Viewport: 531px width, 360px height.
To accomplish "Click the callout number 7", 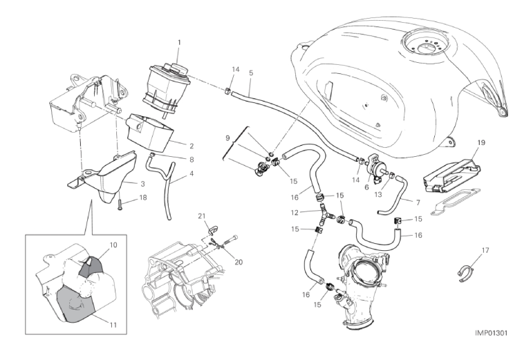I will pos(418,202).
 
